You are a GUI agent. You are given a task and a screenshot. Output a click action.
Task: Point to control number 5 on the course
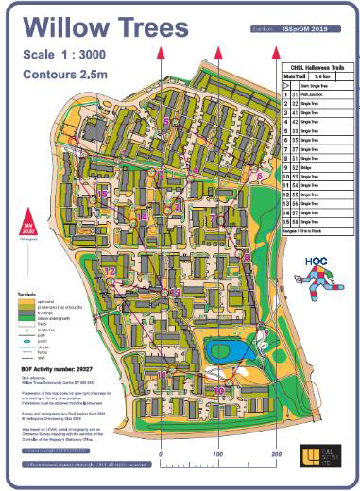(x=166, y=122)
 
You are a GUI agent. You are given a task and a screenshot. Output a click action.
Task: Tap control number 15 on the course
(x=104, y=193)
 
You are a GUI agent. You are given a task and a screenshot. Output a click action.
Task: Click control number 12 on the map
(x=110, y=272)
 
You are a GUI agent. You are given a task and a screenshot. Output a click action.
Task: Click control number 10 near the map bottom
(x=219, y=389)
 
